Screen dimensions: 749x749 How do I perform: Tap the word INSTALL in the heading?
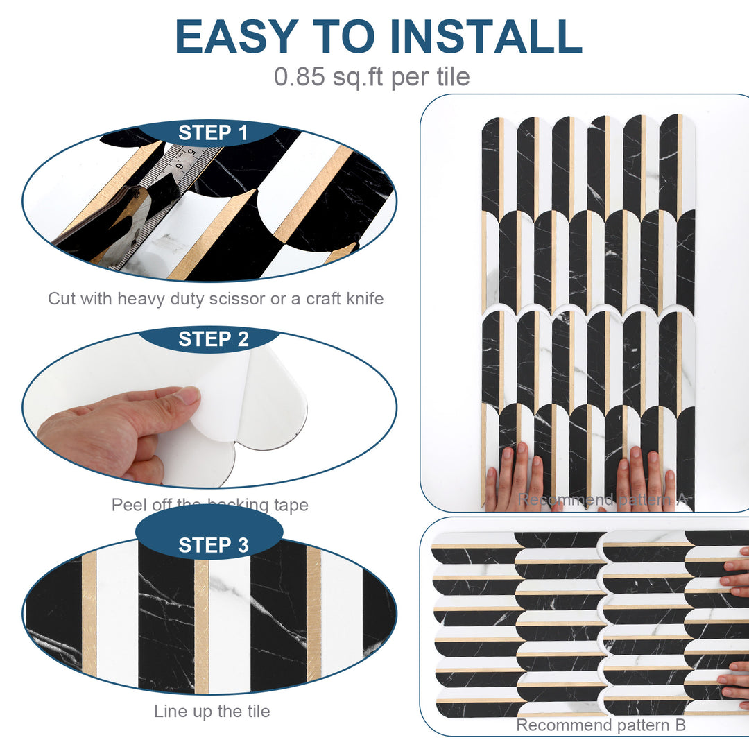click(x=485, y=36)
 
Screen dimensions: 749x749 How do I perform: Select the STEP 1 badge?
click(x=213, y=133)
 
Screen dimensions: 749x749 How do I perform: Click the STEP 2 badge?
click(x=213, y=339)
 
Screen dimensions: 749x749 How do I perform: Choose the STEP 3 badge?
click(x=213, y=545)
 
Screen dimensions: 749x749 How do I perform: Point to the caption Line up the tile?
click(x=212, y=711)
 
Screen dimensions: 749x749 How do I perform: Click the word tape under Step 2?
click(x=291, y=505)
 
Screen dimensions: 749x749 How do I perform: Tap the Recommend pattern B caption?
click(x=601, y=725)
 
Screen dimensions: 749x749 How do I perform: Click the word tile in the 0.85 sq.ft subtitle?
click(x=453, y=76)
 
